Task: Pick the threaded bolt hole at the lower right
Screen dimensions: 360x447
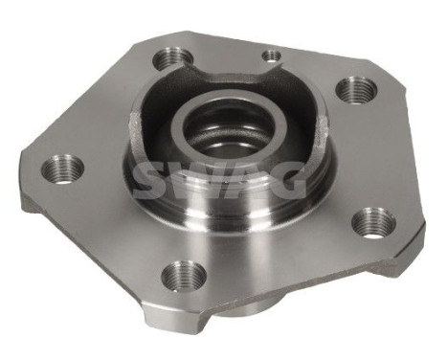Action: [x=372, y=222]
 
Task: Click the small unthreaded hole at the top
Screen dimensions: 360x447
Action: [x=272, y=56]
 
